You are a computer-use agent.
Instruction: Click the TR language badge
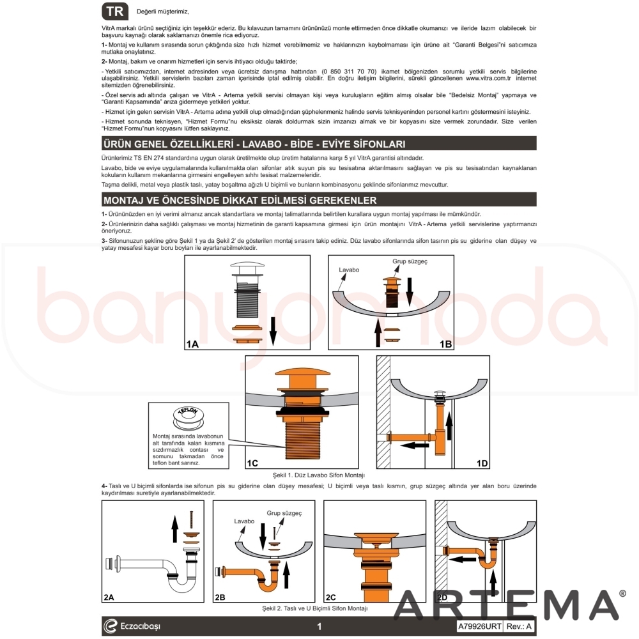click(x=115, y=12)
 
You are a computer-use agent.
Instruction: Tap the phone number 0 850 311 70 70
click(x=349, y=72)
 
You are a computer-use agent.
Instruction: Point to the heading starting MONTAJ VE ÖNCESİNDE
click(x=240, y=200)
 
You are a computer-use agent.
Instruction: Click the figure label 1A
click(x=192, y=344)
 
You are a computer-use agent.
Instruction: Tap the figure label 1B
click(x=445, y=344)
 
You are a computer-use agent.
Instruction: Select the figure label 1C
click(x=252, y=463)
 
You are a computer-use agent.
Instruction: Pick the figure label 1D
click(x=482, y=463)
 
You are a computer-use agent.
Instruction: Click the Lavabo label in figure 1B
click(x=349, y=270)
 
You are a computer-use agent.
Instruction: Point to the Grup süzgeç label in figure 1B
click(x=410, y=261)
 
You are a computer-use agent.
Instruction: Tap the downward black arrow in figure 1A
click(x=273, y=331)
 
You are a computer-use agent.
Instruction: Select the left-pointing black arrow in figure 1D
click(x=415, y=445)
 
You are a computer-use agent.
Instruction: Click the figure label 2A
click(x=109, y=597)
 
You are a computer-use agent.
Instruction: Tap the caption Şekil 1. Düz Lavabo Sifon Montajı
click(x=319, y=475)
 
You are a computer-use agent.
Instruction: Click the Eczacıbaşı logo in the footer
click(x=132, y=626)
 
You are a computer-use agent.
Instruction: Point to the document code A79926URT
click(x=479, y=626)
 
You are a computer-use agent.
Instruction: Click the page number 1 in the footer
click(x=319, y=626)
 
